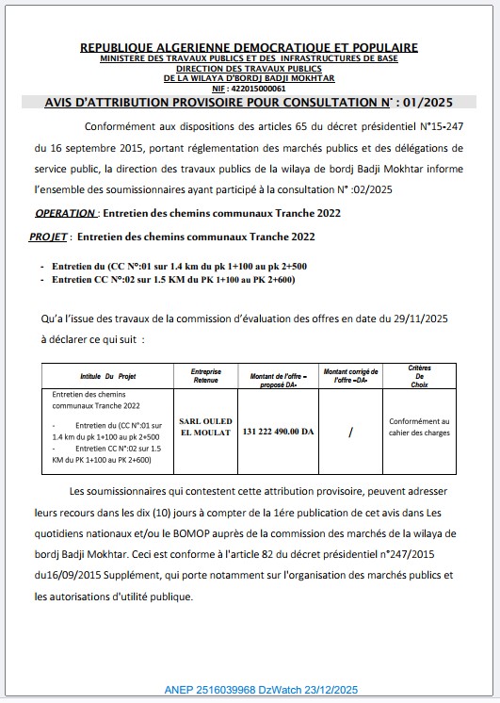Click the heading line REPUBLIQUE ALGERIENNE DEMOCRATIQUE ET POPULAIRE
pos(250,47)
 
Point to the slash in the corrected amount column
pos(350,432)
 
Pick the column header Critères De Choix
pos(419,375)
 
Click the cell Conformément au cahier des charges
pos(419,427)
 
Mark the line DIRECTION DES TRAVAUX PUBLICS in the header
pos(250,69)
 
